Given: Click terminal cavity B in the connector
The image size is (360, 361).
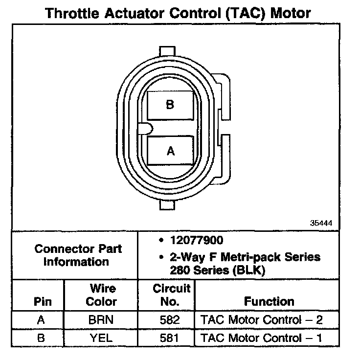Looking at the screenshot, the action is [170, 105].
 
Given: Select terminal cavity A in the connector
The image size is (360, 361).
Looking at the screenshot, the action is [170, 151].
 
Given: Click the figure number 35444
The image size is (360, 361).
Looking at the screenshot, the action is [321, 223].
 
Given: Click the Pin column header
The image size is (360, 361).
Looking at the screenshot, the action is [42, 301].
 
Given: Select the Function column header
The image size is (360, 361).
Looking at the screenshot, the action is [269, 301].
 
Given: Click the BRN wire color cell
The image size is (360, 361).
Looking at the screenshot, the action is [101, 320].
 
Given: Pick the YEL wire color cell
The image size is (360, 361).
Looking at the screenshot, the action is [101, 338].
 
